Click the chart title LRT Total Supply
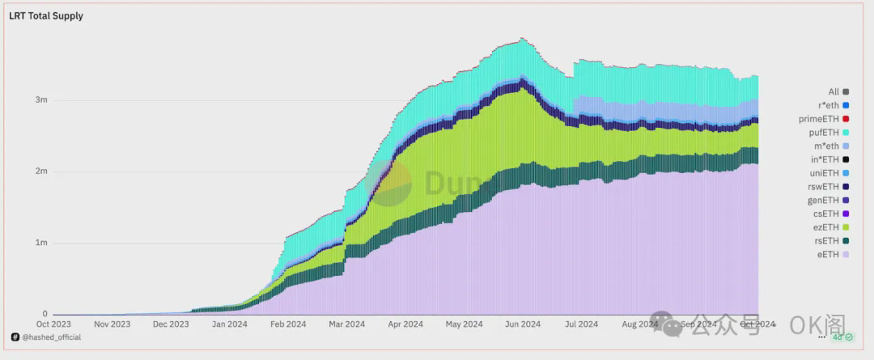click(x=46, y=15)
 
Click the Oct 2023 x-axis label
click(x=54, y=324)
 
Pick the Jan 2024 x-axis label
click(x=230, y=324)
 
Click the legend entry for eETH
click(x=829, y=254)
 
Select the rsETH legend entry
click(x=829, y=240)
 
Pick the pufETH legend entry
click(x=827, y=132)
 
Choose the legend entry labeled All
click(x=834, y=91)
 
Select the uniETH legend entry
click(x=828, y=173)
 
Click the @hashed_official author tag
click(x=46, y=337)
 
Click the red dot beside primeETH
click(x=846, y=119)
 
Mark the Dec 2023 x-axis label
click(x=171, y=324)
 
